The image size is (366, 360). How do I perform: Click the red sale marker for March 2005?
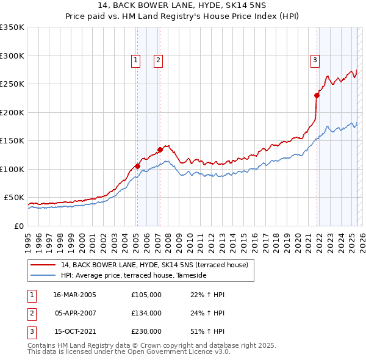coord(138,166)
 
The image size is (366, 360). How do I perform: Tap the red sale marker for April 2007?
coord(160,149)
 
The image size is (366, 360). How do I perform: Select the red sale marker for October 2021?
coord(317,95)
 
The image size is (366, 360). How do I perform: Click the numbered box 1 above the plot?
coord(135,60)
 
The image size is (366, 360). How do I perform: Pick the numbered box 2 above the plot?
coord(157,60)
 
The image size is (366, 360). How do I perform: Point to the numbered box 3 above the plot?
coord(315,60)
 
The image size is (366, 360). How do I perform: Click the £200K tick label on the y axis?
coord(12,112)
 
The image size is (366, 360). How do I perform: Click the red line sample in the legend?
coord(43,265)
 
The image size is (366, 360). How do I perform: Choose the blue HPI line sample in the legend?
coord(43,276)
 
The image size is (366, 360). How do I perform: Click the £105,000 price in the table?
coord(146,295)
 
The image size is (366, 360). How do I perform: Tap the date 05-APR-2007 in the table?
coord(75,313)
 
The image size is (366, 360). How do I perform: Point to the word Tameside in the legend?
coord(192,276)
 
